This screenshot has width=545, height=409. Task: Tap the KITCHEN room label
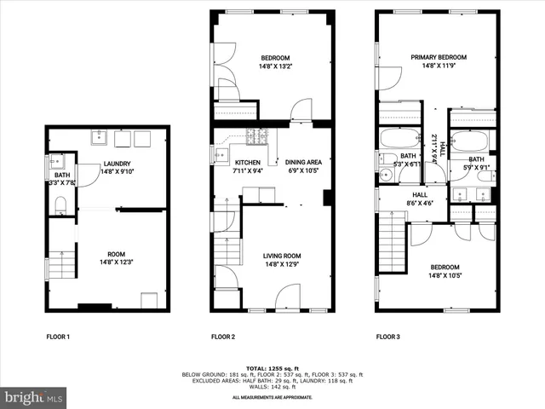point(247,162)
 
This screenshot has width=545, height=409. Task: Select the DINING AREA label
point(303,162)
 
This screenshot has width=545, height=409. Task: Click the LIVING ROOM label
point(281,255)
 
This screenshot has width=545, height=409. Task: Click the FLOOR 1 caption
point(58,337)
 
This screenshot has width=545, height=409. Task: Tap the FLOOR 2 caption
point(223,337)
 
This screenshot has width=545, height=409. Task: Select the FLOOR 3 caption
point(388,337)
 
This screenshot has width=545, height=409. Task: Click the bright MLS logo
point(34,397)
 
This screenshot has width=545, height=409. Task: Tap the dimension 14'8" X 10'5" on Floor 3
point(450,275)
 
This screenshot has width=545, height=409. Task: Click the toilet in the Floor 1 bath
point(60,204)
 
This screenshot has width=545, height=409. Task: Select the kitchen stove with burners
point(256,135)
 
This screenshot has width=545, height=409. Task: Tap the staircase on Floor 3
point(391,243)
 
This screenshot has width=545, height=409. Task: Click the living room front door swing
point(288,297)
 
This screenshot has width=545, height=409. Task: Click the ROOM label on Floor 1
point(116,254)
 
